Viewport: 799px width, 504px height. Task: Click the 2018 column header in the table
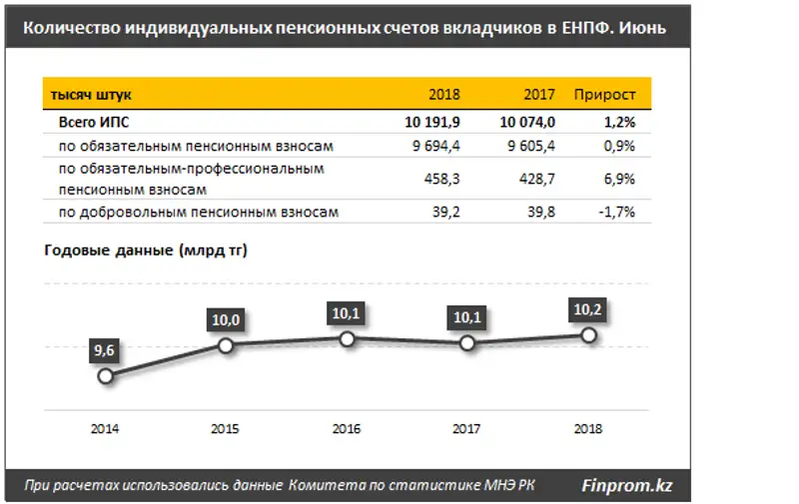pos(443,95)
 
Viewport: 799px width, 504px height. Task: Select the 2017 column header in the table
pos(539,95)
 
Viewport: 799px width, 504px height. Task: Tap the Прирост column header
pos(604,95)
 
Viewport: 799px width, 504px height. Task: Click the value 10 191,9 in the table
pos(431,122)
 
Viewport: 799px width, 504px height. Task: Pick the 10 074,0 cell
pos(527,122)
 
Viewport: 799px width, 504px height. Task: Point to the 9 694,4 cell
pos(436,146)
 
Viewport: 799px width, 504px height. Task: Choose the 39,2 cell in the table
pos(444,212)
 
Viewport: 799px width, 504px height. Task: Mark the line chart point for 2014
pos(106,376)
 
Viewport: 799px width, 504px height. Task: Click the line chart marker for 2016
pos(347,339)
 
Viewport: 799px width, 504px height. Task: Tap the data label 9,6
pos(106,350)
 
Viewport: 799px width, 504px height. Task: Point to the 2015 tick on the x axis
pos(226,429)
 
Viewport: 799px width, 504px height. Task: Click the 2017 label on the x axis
pos(467,429)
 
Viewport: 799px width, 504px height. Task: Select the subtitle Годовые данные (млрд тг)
pos(146,251)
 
